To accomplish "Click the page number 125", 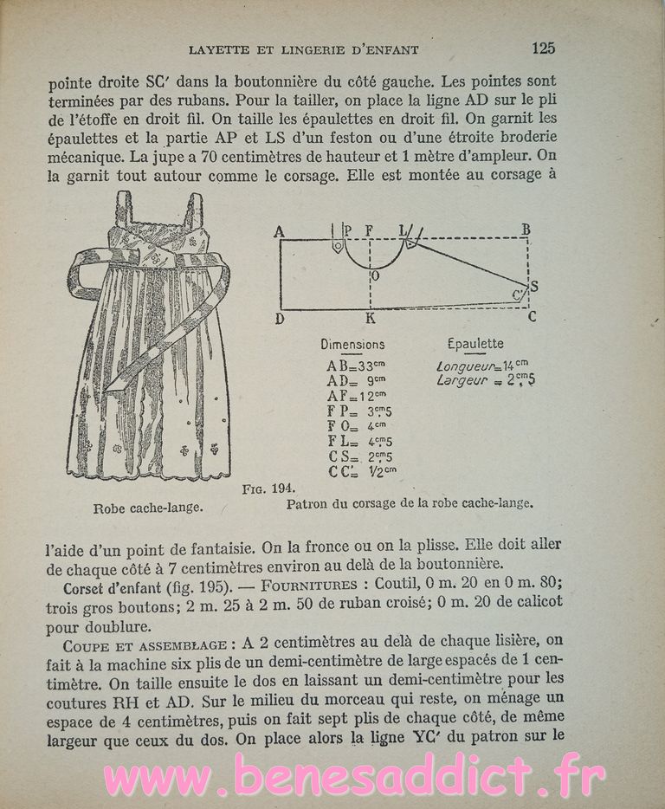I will tap(543, 48).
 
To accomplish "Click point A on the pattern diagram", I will tap(279, 230).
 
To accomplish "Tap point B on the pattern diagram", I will tap(526, 230).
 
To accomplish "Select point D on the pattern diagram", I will tap(280, 319).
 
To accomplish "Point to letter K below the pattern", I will tap(370, 319).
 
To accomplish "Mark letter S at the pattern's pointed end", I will tap(533, 286).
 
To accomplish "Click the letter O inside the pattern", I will tap(374, 276).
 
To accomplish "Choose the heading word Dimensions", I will tap(352, 344).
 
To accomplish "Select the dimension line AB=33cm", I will tap(354, 366).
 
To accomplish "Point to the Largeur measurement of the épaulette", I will tap(485, 380).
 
